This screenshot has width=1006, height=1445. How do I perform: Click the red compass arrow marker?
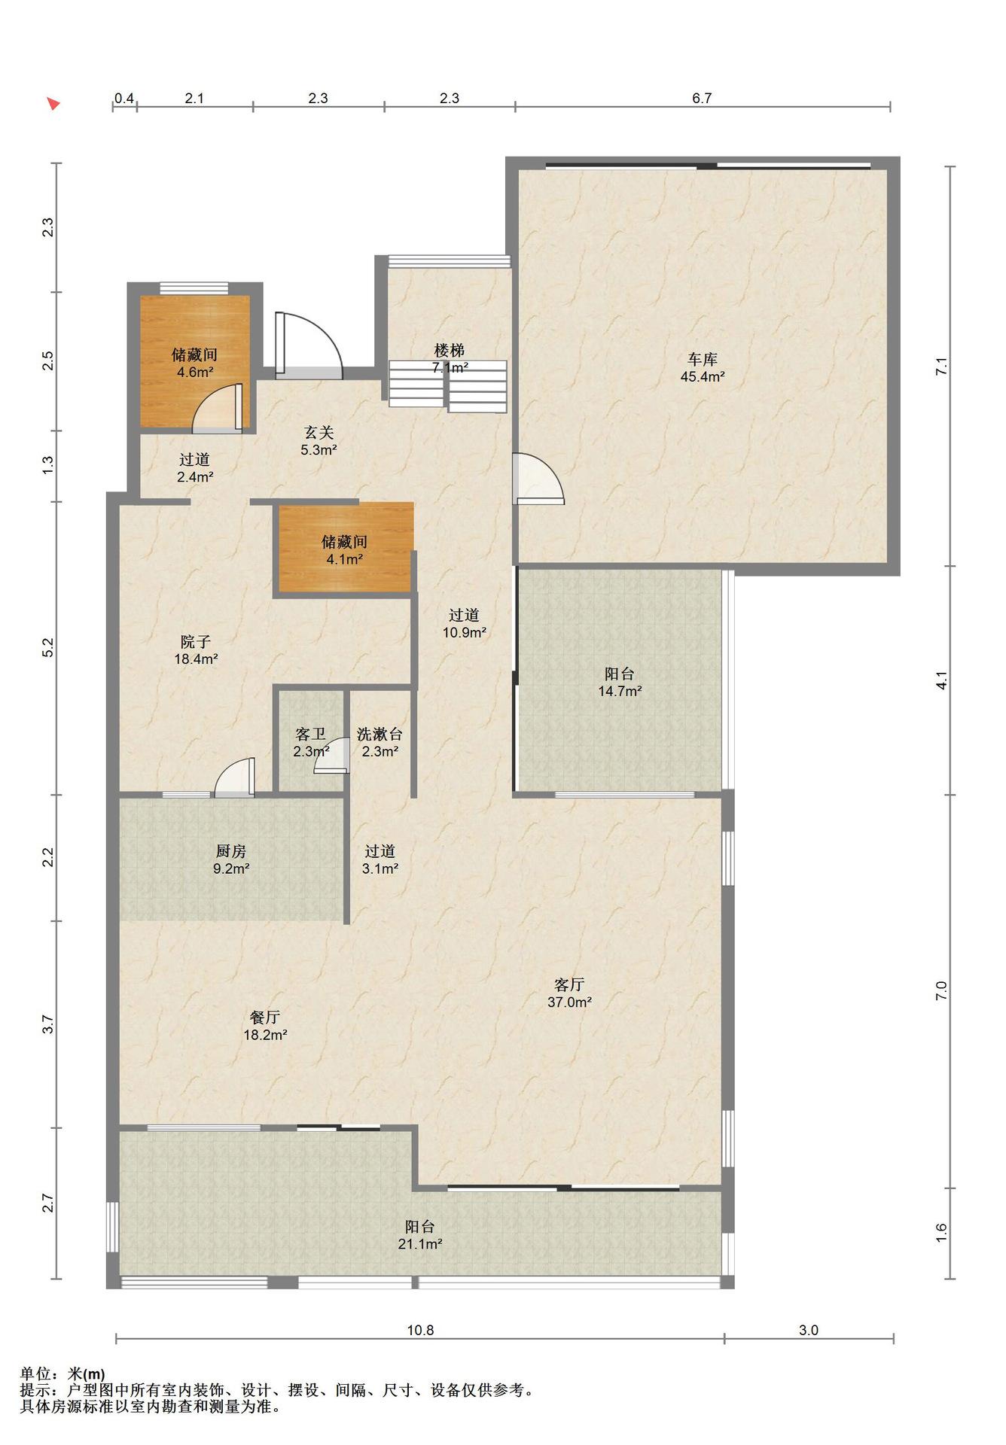click(x=53, y=103)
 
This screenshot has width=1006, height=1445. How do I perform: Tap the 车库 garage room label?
click(x=702, y=359)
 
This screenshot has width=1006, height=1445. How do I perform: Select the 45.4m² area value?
click(x=703, y=377)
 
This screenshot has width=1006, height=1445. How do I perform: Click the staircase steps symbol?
click(x=448, y=385)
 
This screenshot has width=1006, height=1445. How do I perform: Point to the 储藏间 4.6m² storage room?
click(x=195, y=362)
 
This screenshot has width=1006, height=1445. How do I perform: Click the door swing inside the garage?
click(x=537, y=478)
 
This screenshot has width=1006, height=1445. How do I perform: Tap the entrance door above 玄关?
click(x=308, y=345)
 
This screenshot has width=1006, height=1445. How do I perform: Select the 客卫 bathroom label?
click(x=311, y=734)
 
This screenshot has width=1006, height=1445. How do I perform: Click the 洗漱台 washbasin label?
click(x=380, y=734)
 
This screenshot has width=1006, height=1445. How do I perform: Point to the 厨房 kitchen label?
click(x=231, y=851)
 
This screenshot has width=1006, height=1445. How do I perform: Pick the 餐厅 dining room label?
click(x=265, y=1017)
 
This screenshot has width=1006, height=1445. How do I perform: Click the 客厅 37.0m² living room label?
click(x=569, y=993)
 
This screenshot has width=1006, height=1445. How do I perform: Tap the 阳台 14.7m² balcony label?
click(x=620, y=682)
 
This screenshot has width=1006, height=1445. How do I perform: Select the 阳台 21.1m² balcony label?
click(x=419, y=1235)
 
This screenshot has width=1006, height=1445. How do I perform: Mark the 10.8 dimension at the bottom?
click(x=420, y=1330)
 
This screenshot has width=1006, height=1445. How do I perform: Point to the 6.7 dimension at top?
click(x=702, y=98)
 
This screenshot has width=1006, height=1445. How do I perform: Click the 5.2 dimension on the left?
click(x=48, y=647)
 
